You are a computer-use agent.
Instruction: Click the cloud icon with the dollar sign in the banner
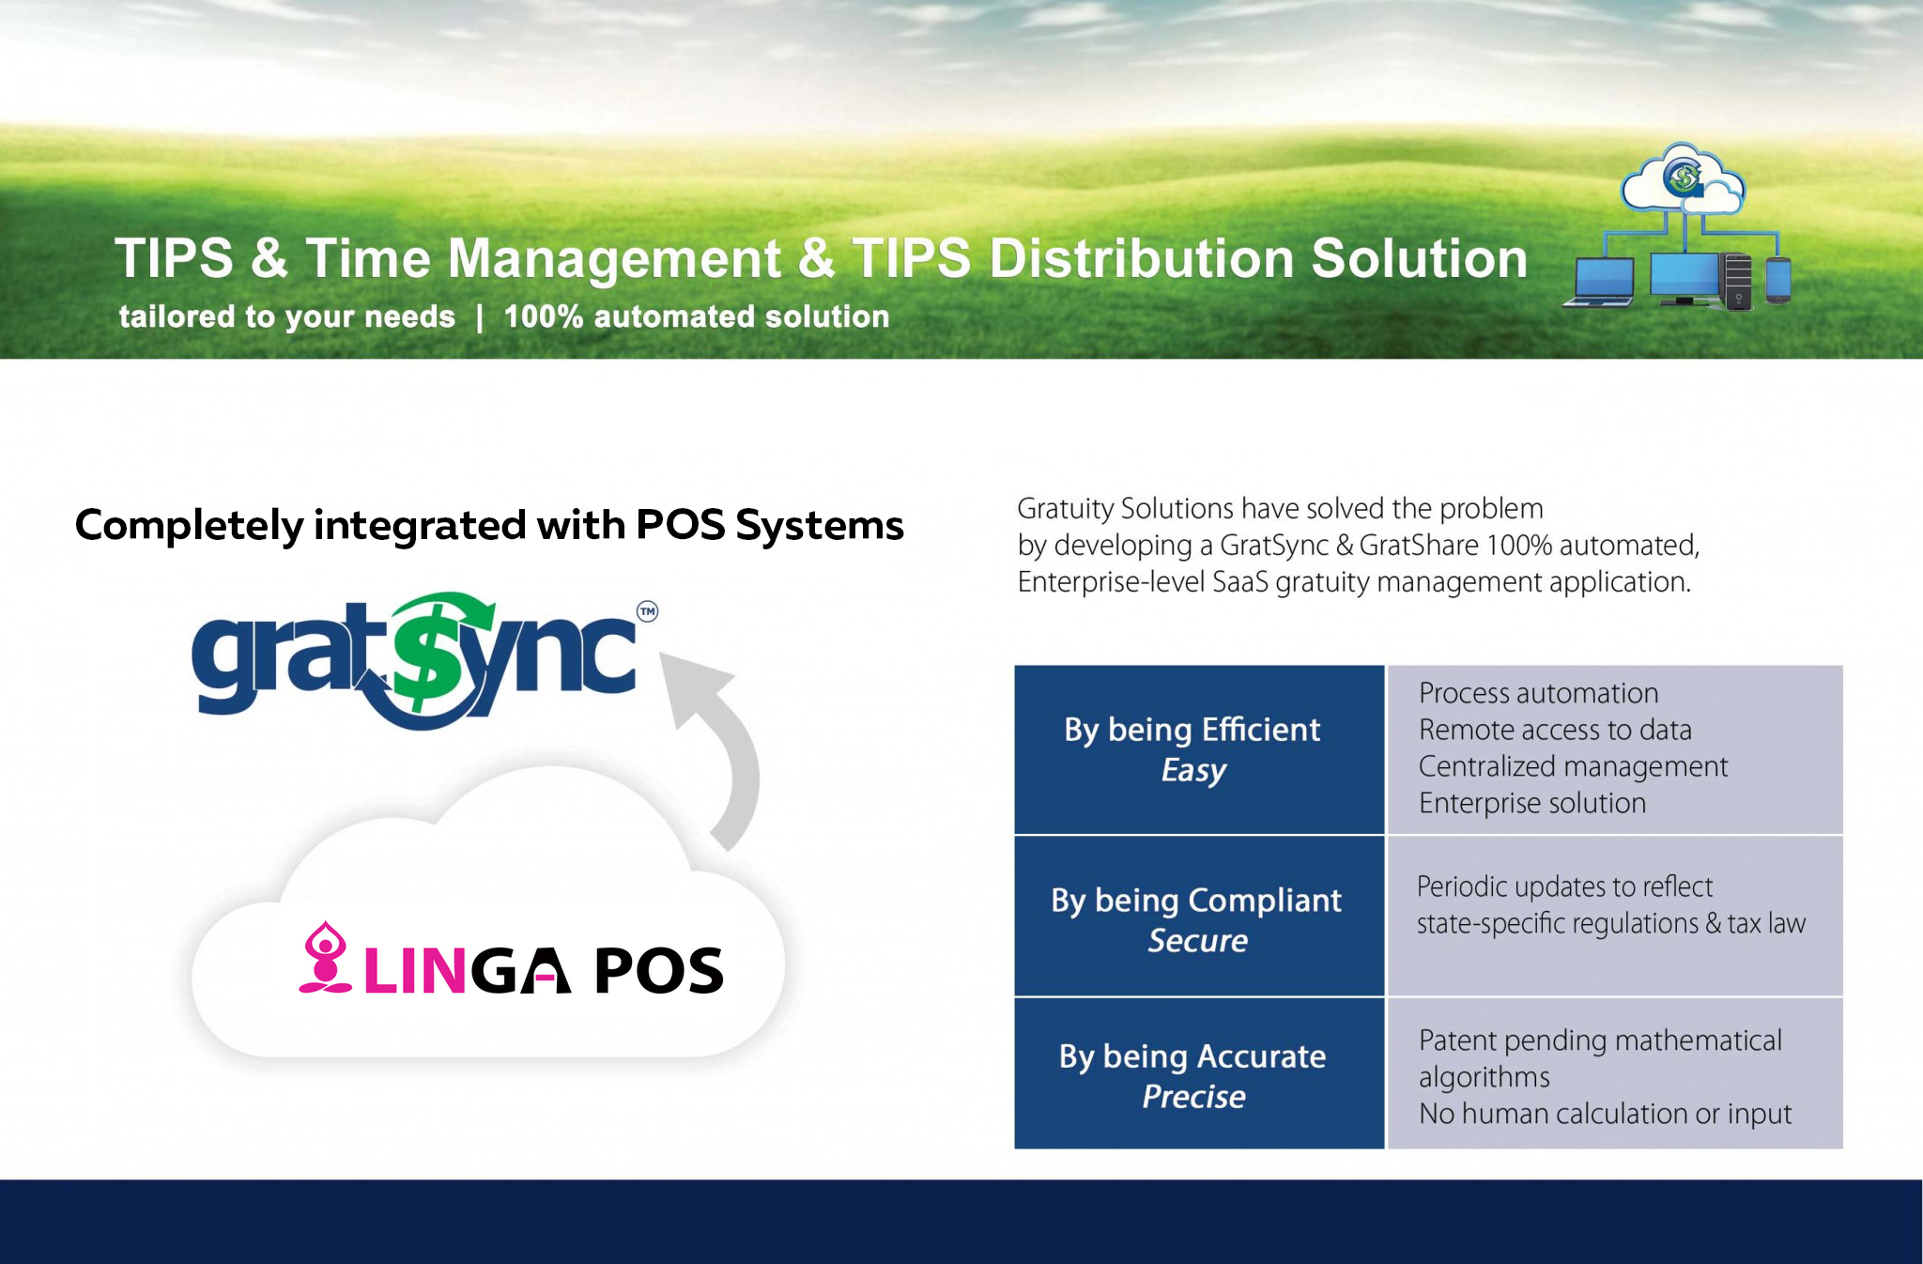[x=1682, y=177]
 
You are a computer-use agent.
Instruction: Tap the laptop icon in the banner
[x=1598, y=282]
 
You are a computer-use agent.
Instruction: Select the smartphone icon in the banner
[x=1778, y=280]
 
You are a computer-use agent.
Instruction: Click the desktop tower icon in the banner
[x=1738, y=281]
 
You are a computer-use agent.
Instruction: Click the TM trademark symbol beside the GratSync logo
[x=648, y=611]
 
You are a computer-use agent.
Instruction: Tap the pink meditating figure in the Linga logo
[x=325, y=957]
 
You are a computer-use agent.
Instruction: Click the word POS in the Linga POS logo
[x=659, y=970]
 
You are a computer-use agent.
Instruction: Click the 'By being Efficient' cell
[x=1199, y=749]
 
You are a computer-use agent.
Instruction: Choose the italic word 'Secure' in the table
[x=1198, y=941]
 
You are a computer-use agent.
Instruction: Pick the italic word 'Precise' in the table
[x=1194, y=1097]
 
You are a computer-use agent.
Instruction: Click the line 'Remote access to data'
[x=1555, y=730]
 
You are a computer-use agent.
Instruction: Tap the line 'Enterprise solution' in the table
[x=1532, y=803]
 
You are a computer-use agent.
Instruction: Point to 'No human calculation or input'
[x=1605, y=1114]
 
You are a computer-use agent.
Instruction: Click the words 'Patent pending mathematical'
[x=1600, y=1040]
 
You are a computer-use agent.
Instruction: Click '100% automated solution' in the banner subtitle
[x=697, y=317]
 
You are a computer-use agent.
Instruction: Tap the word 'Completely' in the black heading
[x=190, y=526]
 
